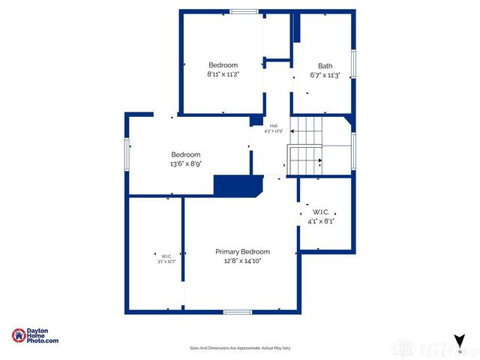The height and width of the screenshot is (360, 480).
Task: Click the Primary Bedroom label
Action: pyautogui.click(x=242, y=252)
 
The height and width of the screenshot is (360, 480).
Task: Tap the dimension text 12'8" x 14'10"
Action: pyautogui.click(x=242, y=261)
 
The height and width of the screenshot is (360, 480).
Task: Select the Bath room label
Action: pyautogui.click(x=325, y=66)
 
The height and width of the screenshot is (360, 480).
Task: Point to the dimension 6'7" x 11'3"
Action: pyautogui.click(x=325, y=75)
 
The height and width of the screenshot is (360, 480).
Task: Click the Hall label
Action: pyautogui.click(x=274, y=126)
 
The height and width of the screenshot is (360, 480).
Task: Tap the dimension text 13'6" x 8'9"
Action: pyautogui.click(x=185, y=163)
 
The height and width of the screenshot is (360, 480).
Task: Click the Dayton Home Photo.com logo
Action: pyautogui.click(x=35, y=337)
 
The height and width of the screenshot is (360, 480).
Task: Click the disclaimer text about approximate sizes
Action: pyautogui.click(x=239, y=348)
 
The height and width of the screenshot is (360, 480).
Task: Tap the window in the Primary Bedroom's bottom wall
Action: pyautogui.click(x=237, y=311)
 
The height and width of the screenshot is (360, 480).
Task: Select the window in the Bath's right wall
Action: pyautogui.click(x=353, y=64)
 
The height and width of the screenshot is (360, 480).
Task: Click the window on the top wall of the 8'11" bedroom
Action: pyautogui.click(x=243, y=11)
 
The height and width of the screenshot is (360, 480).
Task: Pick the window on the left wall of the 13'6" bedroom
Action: pyautogui.click(x=127, y=154)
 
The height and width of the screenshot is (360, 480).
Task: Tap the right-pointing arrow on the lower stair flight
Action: pyautogui.click(x=319, y=160)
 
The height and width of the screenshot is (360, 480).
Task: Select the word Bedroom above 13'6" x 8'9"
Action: pyautogui.click(x=185, y=154)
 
